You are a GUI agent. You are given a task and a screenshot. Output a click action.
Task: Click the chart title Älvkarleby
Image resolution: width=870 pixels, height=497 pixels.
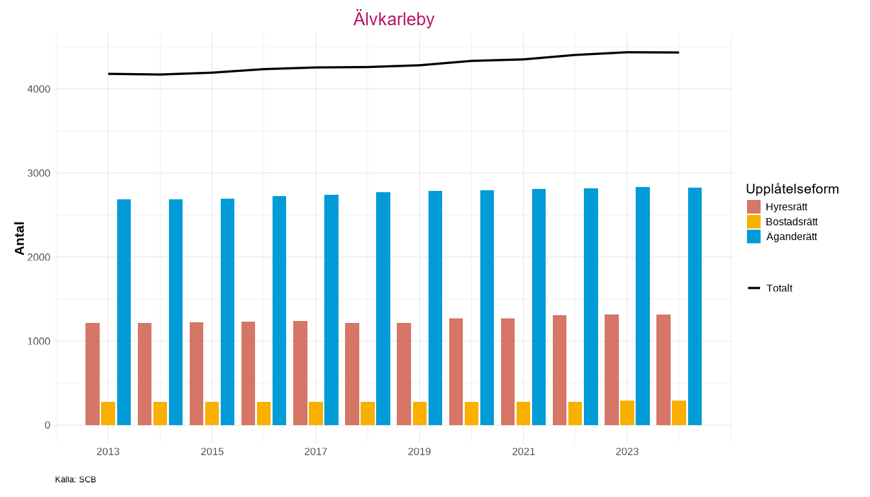tap(394, 19)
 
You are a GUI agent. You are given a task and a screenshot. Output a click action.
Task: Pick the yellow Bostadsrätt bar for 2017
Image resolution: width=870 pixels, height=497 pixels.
tap(316, 414)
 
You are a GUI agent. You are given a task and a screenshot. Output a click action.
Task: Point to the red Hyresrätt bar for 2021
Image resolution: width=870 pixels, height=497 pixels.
tap(507, 371)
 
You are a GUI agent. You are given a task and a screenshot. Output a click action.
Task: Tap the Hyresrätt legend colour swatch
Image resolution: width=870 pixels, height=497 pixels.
tap(753, 207)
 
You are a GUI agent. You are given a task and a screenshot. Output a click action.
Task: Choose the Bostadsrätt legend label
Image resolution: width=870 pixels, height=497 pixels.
tap(791, 222)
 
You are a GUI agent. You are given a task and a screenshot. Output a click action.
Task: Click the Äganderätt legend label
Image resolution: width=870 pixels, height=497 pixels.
tap(791, 237)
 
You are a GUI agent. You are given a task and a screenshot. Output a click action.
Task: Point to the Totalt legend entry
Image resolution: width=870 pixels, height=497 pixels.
tap(779, 288)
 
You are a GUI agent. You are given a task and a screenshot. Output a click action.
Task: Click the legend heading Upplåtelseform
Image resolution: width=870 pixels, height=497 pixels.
tap(792, 189)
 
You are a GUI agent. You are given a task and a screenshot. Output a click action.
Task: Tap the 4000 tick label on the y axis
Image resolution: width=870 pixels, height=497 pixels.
tap(39, 89)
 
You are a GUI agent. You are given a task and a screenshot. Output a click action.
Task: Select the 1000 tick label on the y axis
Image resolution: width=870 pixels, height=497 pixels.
tap(39, 341)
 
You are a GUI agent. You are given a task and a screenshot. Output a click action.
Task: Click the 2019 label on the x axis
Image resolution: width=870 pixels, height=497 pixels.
tap(419, 452)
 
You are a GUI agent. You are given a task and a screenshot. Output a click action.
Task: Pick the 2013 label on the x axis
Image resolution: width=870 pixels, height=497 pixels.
tap(108, 452)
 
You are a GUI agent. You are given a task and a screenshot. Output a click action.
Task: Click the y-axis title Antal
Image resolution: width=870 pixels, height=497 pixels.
tap(19, 238)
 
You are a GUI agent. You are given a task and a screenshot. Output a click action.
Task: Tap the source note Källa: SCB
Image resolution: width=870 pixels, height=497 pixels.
tap(76, 480)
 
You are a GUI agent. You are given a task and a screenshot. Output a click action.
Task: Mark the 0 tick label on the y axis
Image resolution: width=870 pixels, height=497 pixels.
tap(47, 425)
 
